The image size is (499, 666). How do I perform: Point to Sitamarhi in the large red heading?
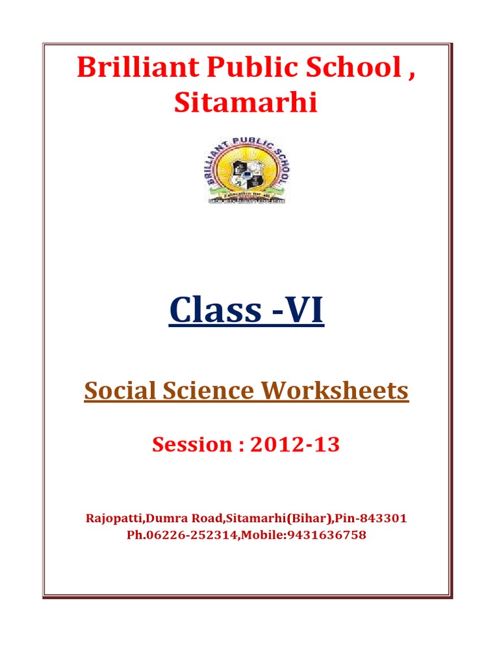point(246,102)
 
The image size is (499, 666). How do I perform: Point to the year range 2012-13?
point(296,445)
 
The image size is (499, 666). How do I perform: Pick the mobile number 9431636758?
point(329,535)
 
